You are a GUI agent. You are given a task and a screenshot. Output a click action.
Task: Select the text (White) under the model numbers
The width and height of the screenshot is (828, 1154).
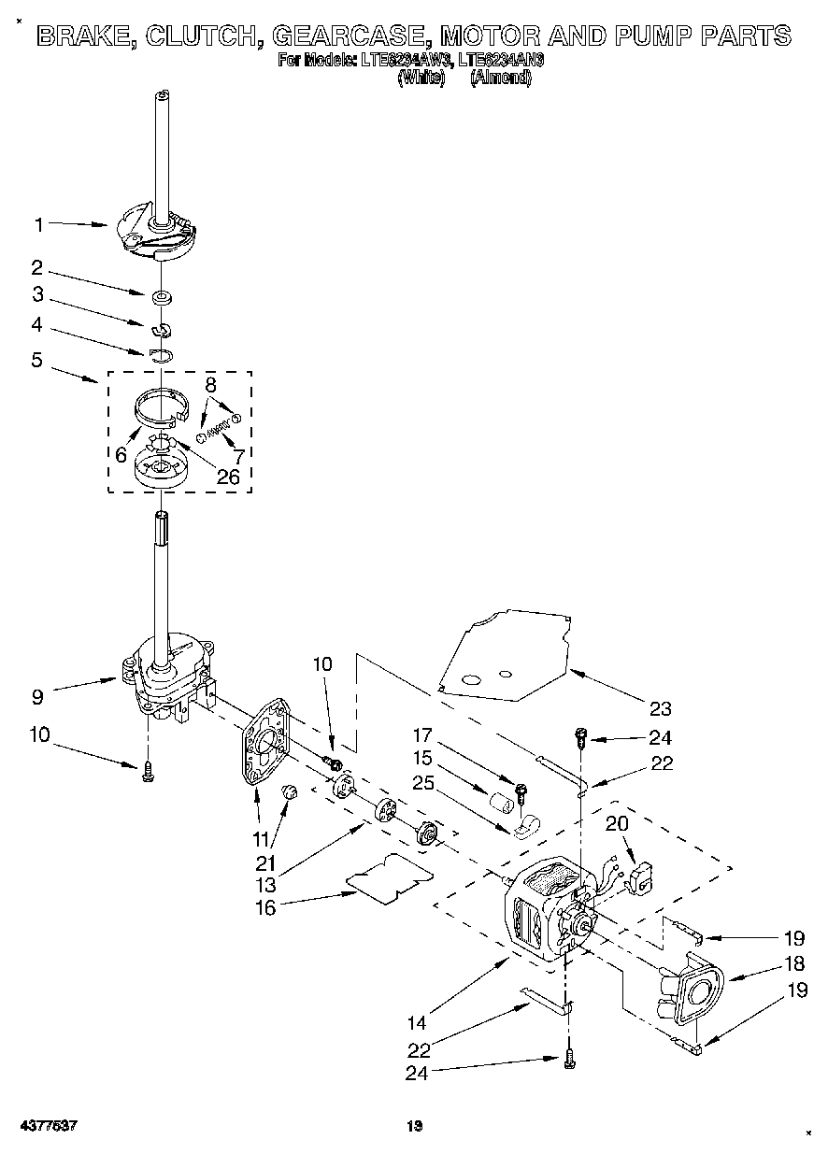coord(414,79)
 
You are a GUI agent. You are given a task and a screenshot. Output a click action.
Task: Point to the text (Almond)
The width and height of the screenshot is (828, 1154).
coord(500,79)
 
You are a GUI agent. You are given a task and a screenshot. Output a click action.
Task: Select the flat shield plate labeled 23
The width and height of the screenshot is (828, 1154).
coord(505,654)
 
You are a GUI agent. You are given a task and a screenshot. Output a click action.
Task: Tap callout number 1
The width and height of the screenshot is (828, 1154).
coord(39,224)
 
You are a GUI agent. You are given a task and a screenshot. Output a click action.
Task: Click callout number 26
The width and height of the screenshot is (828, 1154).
coord(227,477)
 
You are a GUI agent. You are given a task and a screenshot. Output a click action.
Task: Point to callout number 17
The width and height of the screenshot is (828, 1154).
coord(424,734)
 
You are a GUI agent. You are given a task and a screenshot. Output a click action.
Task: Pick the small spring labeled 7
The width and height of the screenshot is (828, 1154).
coord(218,432)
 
